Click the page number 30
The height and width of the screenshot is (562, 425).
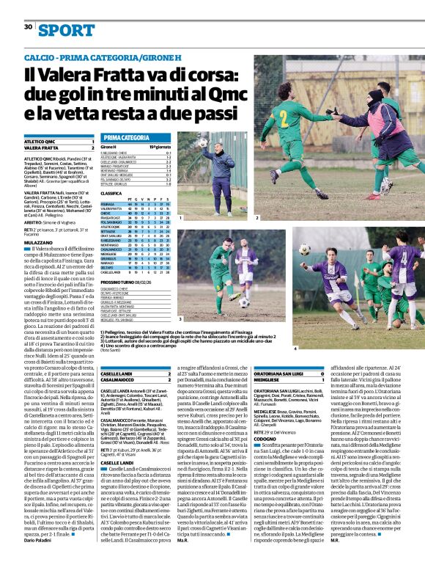tap(28, 27)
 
